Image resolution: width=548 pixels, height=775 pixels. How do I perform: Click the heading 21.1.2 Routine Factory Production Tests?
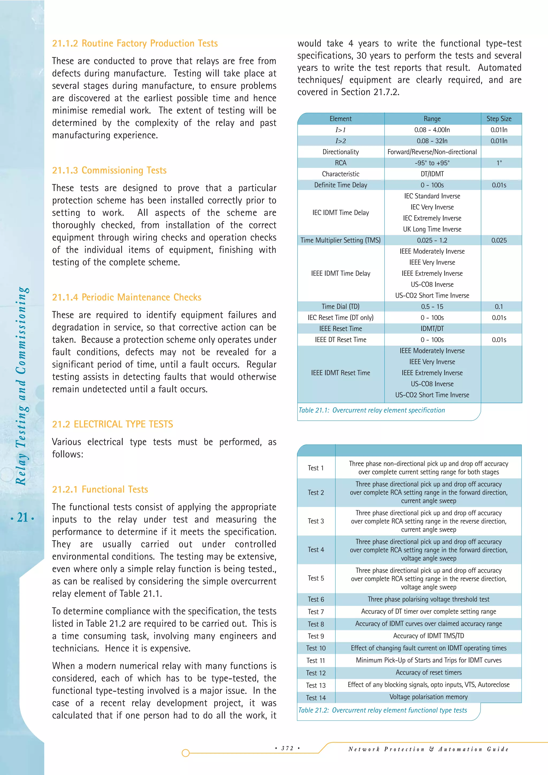coord(135,44)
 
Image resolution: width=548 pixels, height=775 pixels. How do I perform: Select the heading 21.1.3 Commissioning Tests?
coord(109,170)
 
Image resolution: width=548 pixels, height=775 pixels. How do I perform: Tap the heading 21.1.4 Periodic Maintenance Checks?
coord(127,297)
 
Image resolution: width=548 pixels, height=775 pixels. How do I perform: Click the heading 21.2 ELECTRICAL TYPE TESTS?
coord(112,424)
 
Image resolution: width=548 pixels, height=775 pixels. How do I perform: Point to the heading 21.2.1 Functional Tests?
coord(100,489)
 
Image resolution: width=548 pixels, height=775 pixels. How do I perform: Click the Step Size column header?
coord(499,119)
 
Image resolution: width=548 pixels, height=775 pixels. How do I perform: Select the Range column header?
coord(432,119)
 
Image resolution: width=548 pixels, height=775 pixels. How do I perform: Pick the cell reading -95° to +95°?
coord(432,163)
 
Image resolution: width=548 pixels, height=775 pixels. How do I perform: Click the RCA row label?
coord(340,163)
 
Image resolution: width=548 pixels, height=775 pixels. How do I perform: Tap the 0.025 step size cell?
coord(499,240)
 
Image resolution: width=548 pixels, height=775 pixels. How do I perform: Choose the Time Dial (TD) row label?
coord(340,306)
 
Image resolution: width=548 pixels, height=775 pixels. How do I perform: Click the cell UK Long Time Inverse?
coord(432,229)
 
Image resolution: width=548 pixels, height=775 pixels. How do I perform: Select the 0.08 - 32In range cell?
coord(432,141)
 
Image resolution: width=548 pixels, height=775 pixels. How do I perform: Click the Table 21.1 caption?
coord(371,410)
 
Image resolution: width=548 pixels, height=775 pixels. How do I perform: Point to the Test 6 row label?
coord(315,599)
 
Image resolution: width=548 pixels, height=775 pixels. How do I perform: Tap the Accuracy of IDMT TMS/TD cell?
coord(429,636)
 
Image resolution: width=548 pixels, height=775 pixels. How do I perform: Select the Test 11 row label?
coord(315,660)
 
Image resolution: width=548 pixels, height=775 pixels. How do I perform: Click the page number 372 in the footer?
coord(287,748)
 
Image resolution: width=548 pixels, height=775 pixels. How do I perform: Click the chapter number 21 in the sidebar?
coord(22,518)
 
